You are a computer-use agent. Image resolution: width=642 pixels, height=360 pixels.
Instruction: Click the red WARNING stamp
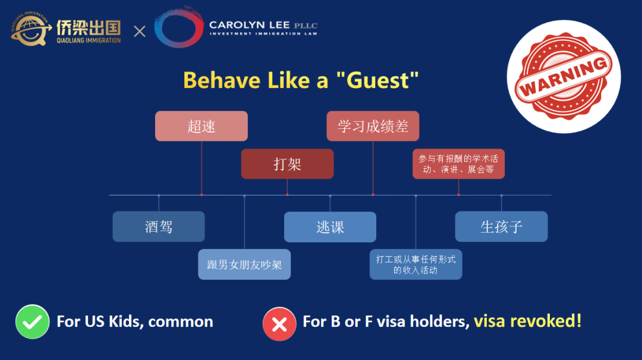point(564,77)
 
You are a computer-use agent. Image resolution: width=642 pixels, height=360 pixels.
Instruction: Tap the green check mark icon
point(32,321)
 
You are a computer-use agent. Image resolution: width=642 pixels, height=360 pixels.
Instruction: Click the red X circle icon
point(279,324)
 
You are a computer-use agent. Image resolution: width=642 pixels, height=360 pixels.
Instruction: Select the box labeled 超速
point(202,126)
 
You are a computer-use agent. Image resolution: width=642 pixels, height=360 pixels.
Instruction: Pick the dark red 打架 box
point(288,163)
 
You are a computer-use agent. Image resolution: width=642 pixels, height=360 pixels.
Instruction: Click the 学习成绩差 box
point(373,126)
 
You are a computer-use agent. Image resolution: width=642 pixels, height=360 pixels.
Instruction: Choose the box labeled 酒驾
point(159,226)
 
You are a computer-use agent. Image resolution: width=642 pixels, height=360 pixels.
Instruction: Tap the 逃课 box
point(330,227)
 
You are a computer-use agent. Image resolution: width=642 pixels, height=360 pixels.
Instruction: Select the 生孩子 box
point(501,226)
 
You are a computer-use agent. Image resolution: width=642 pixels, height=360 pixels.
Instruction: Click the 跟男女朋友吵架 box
point(244,264)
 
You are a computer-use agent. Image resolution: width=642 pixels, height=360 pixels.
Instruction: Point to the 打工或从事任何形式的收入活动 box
point(416,264)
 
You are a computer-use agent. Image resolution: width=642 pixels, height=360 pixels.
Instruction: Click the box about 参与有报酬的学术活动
point(458,163)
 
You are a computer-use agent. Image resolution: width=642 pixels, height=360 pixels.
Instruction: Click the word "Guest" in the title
point(377,80)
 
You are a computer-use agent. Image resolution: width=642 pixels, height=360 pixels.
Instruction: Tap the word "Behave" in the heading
point(222,80)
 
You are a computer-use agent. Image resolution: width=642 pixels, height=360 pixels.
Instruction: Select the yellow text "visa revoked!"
point(528,321)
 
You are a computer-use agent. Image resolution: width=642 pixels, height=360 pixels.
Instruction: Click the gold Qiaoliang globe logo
point(30,29)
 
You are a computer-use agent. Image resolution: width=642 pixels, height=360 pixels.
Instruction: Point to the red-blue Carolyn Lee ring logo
point(179,27)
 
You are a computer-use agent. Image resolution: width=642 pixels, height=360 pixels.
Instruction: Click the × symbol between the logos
point(140,31)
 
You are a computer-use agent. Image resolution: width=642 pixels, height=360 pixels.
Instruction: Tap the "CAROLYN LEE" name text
point(249,25)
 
